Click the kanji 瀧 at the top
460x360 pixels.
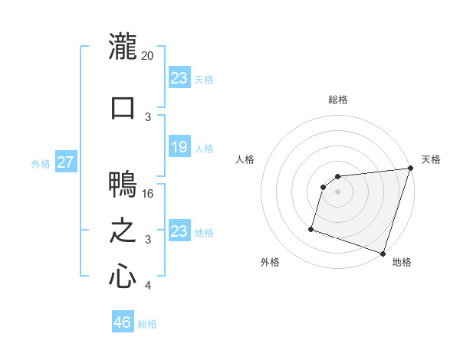[x=123, y=47]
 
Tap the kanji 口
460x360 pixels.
[x=123, y=107]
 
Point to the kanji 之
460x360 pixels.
[x=123, y=231]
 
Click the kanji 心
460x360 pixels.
[x=123, y=276]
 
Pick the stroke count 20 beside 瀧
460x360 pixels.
[x=148, y=56]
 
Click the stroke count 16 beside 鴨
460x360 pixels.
[x=149, y=194]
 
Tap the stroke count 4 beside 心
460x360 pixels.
[x=148, y=286]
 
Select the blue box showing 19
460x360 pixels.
[x=179, y=147]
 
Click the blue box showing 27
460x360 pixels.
[x=66, y=162]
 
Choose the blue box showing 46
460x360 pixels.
[x=123, y=322]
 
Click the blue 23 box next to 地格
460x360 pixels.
[x=179, y=231]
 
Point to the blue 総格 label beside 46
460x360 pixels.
[x=147, y=324]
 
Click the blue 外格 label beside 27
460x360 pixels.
[x=41, y=163]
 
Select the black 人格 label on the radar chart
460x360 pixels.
[x=245, y=159]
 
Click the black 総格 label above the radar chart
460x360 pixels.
[x=337, y=100]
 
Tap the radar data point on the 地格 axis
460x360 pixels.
[x=383, y=253]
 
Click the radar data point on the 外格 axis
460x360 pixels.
[x=311, y=228]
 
